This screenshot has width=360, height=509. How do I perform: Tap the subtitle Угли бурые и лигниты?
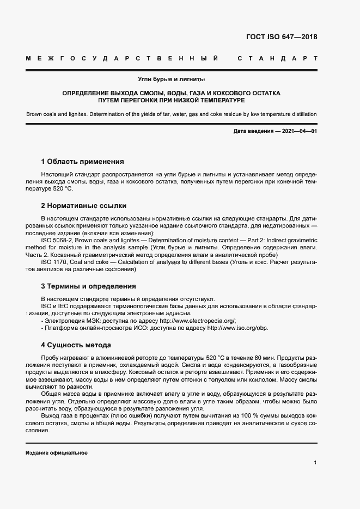[171, 79]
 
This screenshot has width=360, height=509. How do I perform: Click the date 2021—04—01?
[298, 132]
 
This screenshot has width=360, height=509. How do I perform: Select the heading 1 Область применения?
[82, 162]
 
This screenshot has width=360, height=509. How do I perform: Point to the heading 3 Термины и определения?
[88, 286]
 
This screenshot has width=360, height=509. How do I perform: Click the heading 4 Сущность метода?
[76, 345]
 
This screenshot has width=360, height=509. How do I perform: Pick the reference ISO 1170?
[55, 262]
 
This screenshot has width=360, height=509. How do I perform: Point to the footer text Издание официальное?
[56, 453]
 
